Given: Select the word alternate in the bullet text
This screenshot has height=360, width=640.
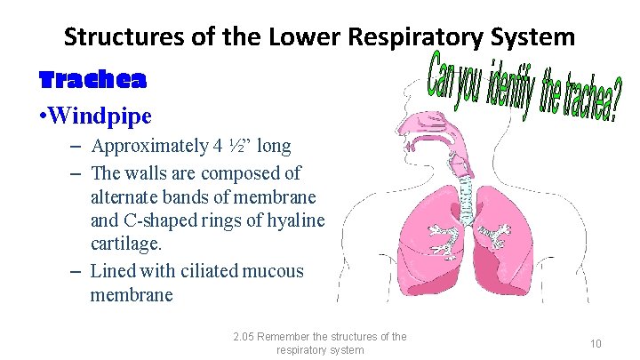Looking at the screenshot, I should coord(124,196).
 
